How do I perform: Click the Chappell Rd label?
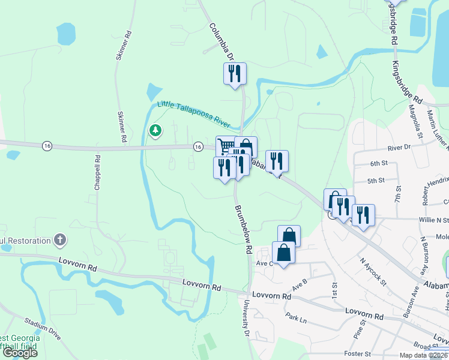pyautogui.click(x=97, y=173)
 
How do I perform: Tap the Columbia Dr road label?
pyautogui.click(x=221, y=43)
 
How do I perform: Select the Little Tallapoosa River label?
pyautogui.click(x=193, y=115)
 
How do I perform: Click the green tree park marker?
pyautogui.click(x=155, y=130)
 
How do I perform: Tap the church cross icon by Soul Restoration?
pyautogui.click(x=59, y=241)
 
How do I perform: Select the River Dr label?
pyautogui.click(x=399, y=147)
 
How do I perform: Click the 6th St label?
pyautogui.click(x=379, y=163)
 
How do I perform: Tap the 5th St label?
pyautogui.click(x=376, y=181)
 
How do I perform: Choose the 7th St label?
pyautogui.click(x=397, y=193)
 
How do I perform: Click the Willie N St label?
pyautogui.click(x=434, y=220)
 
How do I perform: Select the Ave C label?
pyautogui.click(x=265, y=263)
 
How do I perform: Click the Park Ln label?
pyautogui.click(x=297, y=316)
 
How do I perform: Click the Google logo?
pyautogui.click(x=20, y=352)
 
